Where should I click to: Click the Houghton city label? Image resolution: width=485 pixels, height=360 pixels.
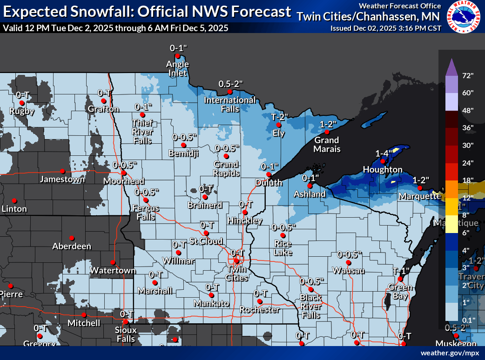click(x=382, y=169)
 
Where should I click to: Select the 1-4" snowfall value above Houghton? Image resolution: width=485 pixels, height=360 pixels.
click(x=385, y=153)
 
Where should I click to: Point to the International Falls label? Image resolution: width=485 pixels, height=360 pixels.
click(x=230, y=104)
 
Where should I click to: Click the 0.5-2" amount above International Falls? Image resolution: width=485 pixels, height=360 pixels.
click(x=231, y=84)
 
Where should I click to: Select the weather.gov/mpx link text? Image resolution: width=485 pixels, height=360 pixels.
click(x=450, y=353)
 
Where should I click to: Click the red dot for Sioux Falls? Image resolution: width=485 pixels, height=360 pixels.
click(x=125, y=321)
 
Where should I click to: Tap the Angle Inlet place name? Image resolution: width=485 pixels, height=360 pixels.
click(x=177, y=68)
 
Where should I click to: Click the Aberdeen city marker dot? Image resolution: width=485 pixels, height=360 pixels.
click(x=71, y=238)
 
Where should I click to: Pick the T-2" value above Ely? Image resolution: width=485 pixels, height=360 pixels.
click(x=280, y=117)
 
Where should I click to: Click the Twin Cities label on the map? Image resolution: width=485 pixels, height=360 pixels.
click(x=236, y=273)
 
